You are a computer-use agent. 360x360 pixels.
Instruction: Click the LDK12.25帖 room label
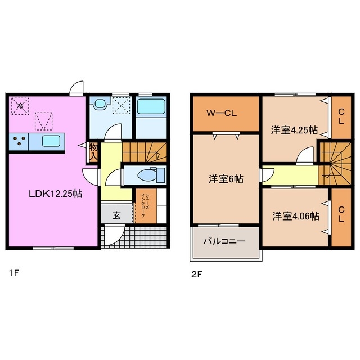pos(55,194)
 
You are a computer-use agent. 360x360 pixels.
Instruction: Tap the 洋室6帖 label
pos(226,179)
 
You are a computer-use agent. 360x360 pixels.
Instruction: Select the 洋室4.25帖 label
pos(295,130)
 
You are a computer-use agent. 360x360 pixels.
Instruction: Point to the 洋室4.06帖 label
pos(296,216)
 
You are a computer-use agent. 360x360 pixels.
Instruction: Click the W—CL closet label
pos(222,113)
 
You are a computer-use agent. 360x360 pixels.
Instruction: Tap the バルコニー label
pos(224,241)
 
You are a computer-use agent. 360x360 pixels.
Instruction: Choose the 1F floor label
pos(13,273)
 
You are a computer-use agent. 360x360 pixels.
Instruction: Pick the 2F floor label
pos(196,274)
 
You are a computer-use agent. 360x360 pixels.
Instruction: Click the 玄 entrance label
pos(116,215)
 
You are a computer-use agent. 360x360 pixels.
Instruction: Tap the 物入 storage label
pos(93,152)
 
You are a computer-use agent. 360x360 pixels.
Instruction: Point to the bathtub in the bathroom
pos(151,106)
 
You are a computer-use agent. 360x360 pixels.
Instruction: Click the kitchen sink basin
pos(51,141)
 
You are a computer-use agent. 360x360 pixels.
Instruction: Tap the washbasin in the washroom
pos(100,103)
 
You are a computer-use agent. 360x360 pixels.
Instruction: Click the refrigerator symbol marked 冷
pos(20,106)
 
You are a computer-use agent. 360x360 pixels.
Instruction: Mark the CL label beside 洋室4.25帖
pos(341,116)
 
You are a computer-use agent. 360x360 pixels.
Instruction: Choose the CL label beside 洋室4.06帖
pos(341,214)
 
